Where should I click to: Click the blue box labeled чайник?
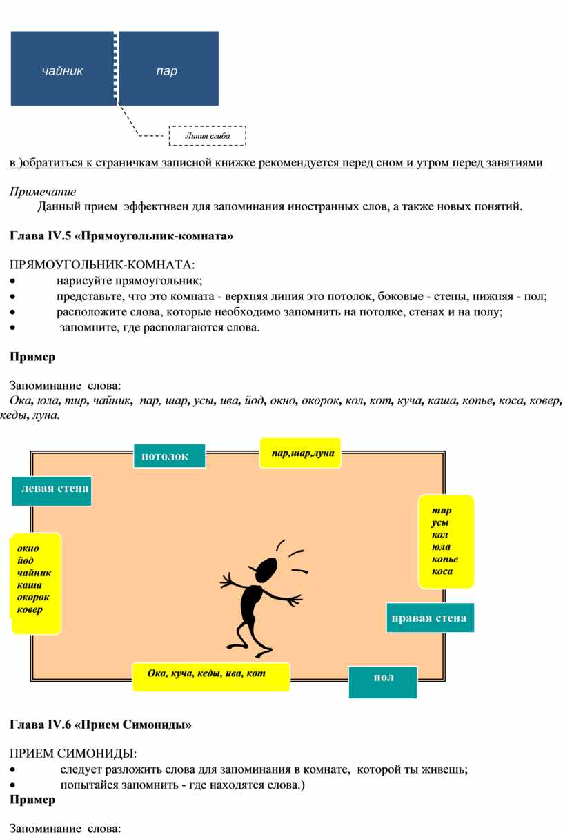[62, 69]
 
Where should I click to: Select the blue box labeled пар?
[168, 69]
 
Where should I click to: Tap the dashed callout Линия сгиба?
[207, 136]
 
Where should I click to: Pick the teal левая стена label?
[52, 490]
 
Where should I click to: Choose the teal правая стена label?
[429, 618]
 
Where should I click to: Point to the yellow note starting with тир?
[446, 541]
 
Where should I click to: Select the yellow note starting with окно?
[36, 583]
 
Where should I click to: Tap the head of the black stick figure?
[265, 569]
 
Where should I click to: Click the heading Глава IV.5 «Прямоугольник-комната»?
[121, 237]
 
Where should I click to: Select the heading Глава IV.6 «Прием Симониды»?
[101, 725]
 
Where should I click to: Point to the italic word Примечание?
[43, 192]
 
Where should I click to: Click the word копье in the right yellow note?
[445, 560]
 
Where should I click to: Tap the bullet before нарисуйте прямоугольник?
[13, 280]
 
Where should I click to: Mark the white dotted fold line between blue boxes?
[116, 68]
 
